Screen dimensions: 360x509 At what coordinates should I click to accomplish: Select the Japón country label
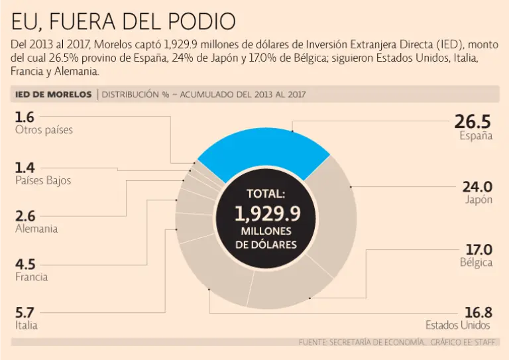point(479,200)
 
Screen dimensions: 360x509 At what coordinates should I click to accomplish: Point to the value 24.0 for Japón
point(477,186)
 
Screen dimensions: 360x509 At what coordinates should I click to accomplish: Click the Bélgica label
point(477,263)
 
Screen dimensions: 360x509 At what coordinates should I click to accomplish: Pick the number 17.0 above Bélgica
point(479,249)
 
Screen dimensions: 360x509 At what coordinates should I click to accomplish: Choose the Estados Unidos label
point(458,325)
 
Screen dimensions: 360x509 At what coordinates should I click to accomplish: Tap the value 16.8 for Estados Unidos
point(478,312)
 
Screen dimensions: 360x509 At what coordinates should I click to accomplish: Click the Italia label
point(27,325)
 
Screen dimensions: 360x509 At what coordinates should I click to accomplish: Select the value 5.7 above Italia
point(25,312)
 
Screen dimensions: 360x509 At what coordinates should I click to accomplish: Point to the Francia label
point(32,276)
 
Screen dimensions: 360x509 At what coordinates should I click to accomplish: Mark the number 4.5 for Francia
point(25,264)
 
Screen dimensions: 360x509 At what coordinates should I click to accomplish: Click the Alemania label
point(36,229)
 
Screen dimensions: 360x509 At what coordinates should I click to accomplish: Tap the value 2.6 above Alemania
point(25,215)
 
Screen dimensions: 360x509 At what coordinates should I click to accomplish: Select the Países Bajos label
point(43,180)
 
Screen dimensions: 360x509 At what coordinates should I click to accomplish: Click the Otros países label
point(44,130)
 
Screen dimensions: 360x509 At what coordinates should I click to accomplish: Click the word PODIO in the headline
point(199,22)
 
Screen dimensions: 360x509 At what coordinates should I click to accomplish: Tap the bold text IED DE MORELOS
point(53,94)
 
